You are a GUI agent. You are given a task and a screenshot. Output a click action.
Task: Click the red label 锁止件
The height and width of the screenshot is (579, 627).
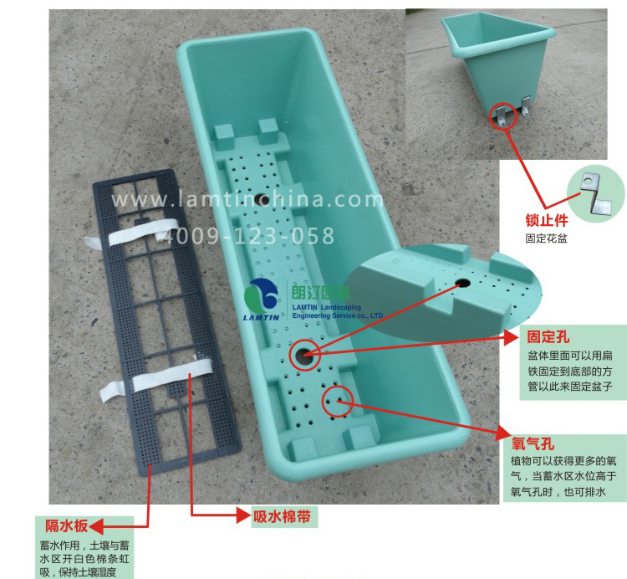pyautogui.click(x=547, y=221)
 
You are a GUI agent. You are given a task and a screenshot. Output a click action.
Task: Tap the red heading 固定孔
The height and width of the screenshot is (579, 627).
pyautogui.click(x=548, y=337)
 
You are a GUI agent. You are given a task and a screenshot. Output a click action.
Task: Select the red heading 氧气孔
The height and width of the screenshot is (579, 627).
pyautogui.click(x=533, y=443)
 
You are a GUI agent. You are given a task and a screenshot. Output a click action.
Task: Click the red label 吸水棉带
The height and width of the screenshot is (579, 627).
pyautogui.click(x=282, y=516)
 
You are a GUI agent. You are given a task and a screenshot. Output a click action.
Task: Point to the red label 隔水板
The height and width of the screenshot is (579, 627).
pyautogui.click(x=66, y=525)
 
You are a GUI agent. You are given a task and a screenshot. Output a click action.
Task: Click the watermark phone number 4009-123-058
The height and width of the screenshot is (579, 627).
pyautogui.click(x=249, y=236)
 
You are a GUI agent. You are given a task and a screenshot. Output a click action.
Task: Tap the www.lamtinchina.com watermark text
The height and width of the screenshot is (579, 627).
pyautogui.click(x=247, y=200)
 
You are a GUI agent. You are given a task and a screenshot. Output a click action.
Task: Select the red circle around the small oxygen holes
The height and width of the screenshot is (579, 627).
pyautogui.click(x=339, y=402)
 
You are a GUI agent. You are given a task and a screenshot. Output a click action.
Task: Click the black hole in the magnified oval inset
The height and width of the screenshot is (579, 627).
pyautogui.click(x=462, y=283)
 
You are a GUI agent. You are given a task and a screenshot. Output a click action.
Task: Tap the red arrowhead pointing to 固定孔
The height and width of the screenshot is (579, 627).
pyautogui.click(x=512, y=338)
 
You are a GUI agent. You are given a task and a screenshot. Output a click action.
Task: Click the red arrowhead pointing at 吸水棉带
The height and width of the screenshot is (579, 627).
pyautogui.click(x=243, y=515)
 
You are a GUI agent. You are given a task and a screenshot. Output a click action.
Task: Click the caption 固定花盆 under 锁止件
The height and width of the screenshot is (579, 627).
pyautogui.click(x=546, y=239)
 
